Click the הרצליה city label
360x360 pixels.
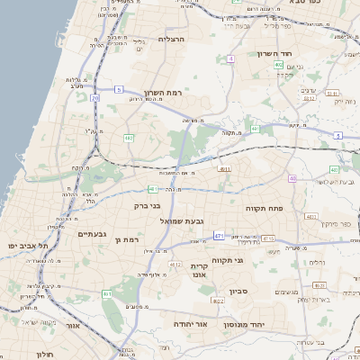171,40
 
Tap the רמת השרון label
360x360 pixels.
162,92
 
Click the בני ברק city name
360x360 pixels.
147,205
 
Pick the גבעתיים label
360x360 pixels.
92,234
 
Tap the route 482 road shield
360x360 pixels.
129,138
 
